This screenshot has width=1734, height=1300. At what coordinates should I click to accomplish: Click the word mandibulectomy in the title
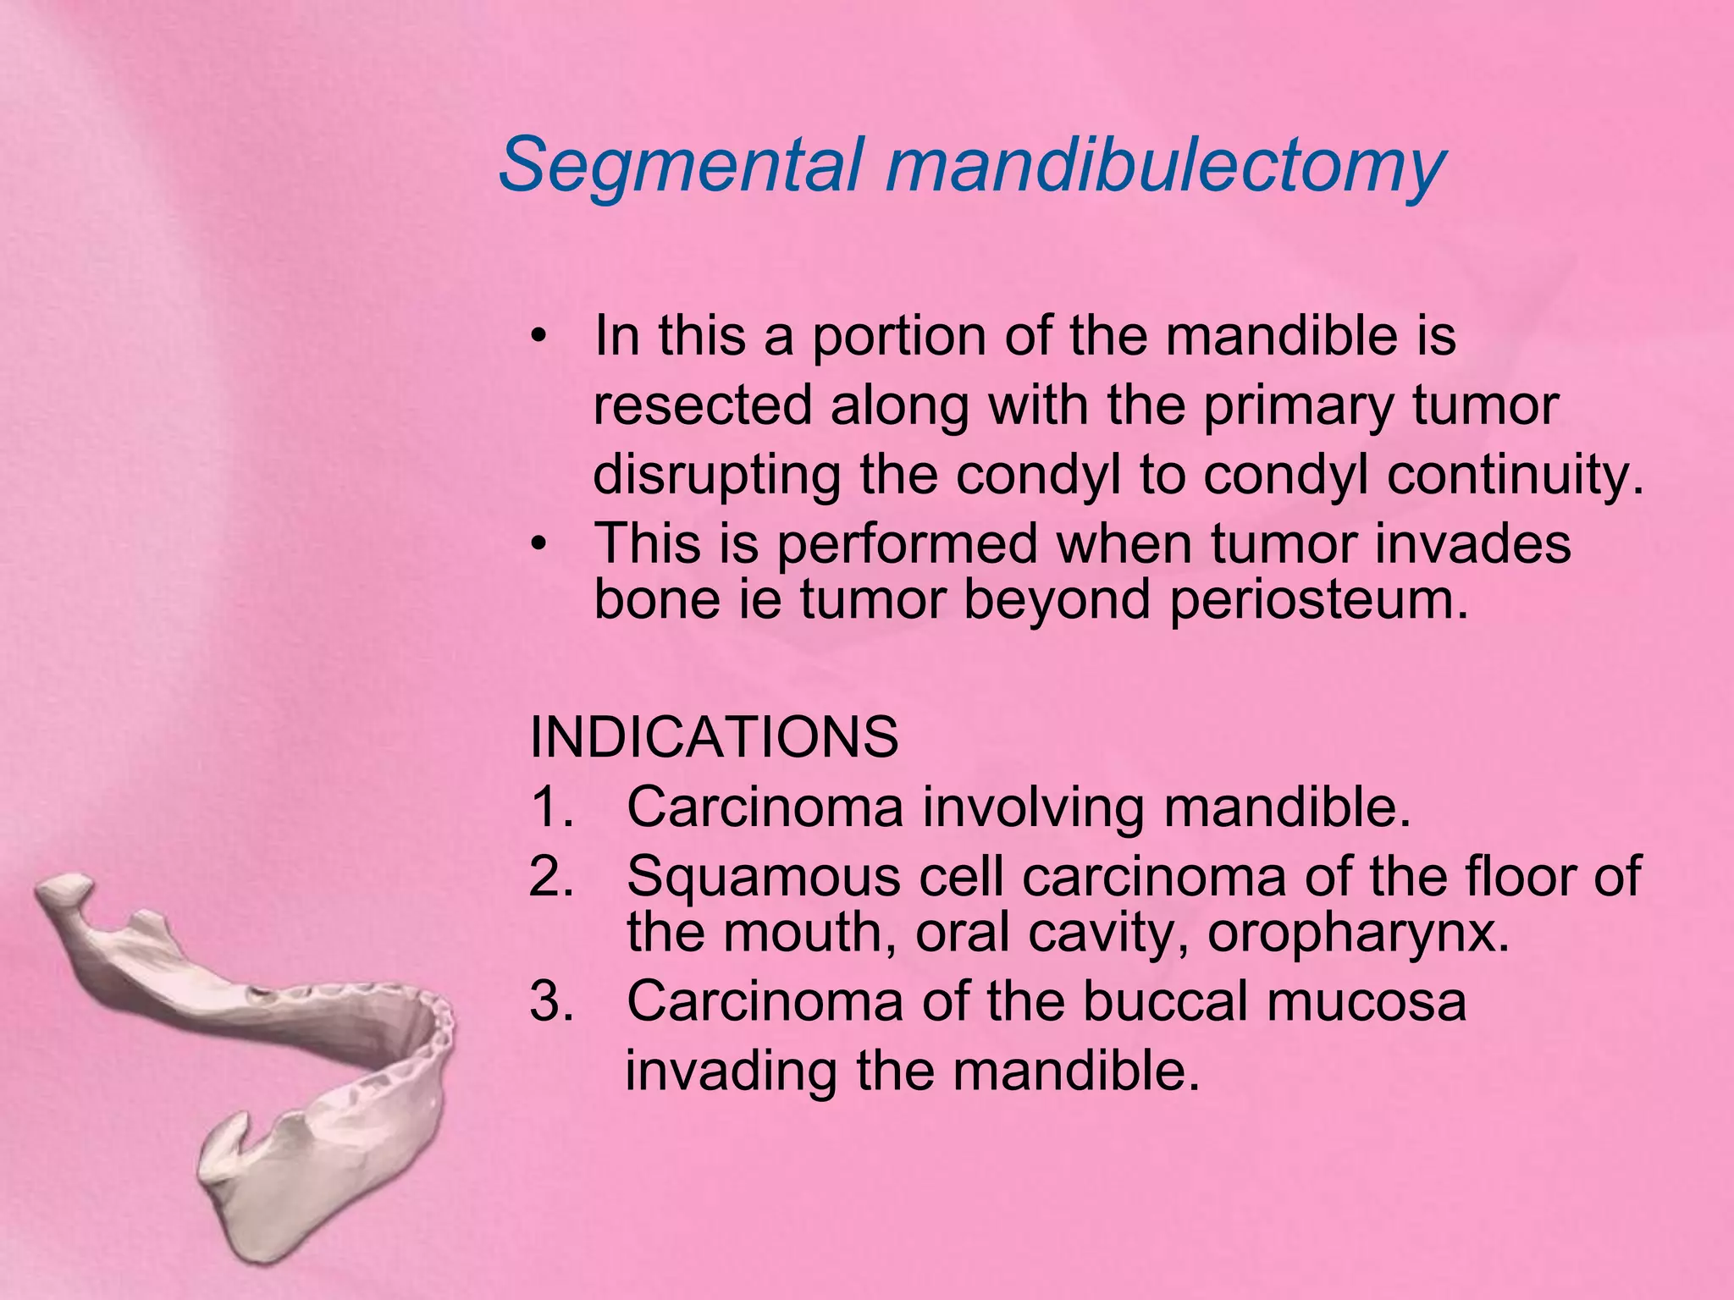point(1164,164)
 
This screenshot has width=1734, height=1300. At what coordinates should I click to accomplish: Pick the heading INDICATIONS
point(714,737)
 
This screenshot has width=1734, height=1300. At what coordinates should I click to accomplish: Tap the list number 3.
point(551,1001)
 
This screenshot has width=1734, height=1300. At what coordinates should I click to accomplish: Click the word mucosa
point(1363,1001)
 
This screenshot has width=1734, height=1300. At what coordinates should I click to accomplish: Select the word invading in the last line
point(732,1071)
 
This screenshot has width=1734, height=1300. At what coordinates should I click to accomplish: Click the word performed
point(907,543)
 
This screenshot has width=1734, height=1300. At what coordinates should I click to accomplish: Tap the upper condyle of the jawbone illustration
point(64,890)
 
